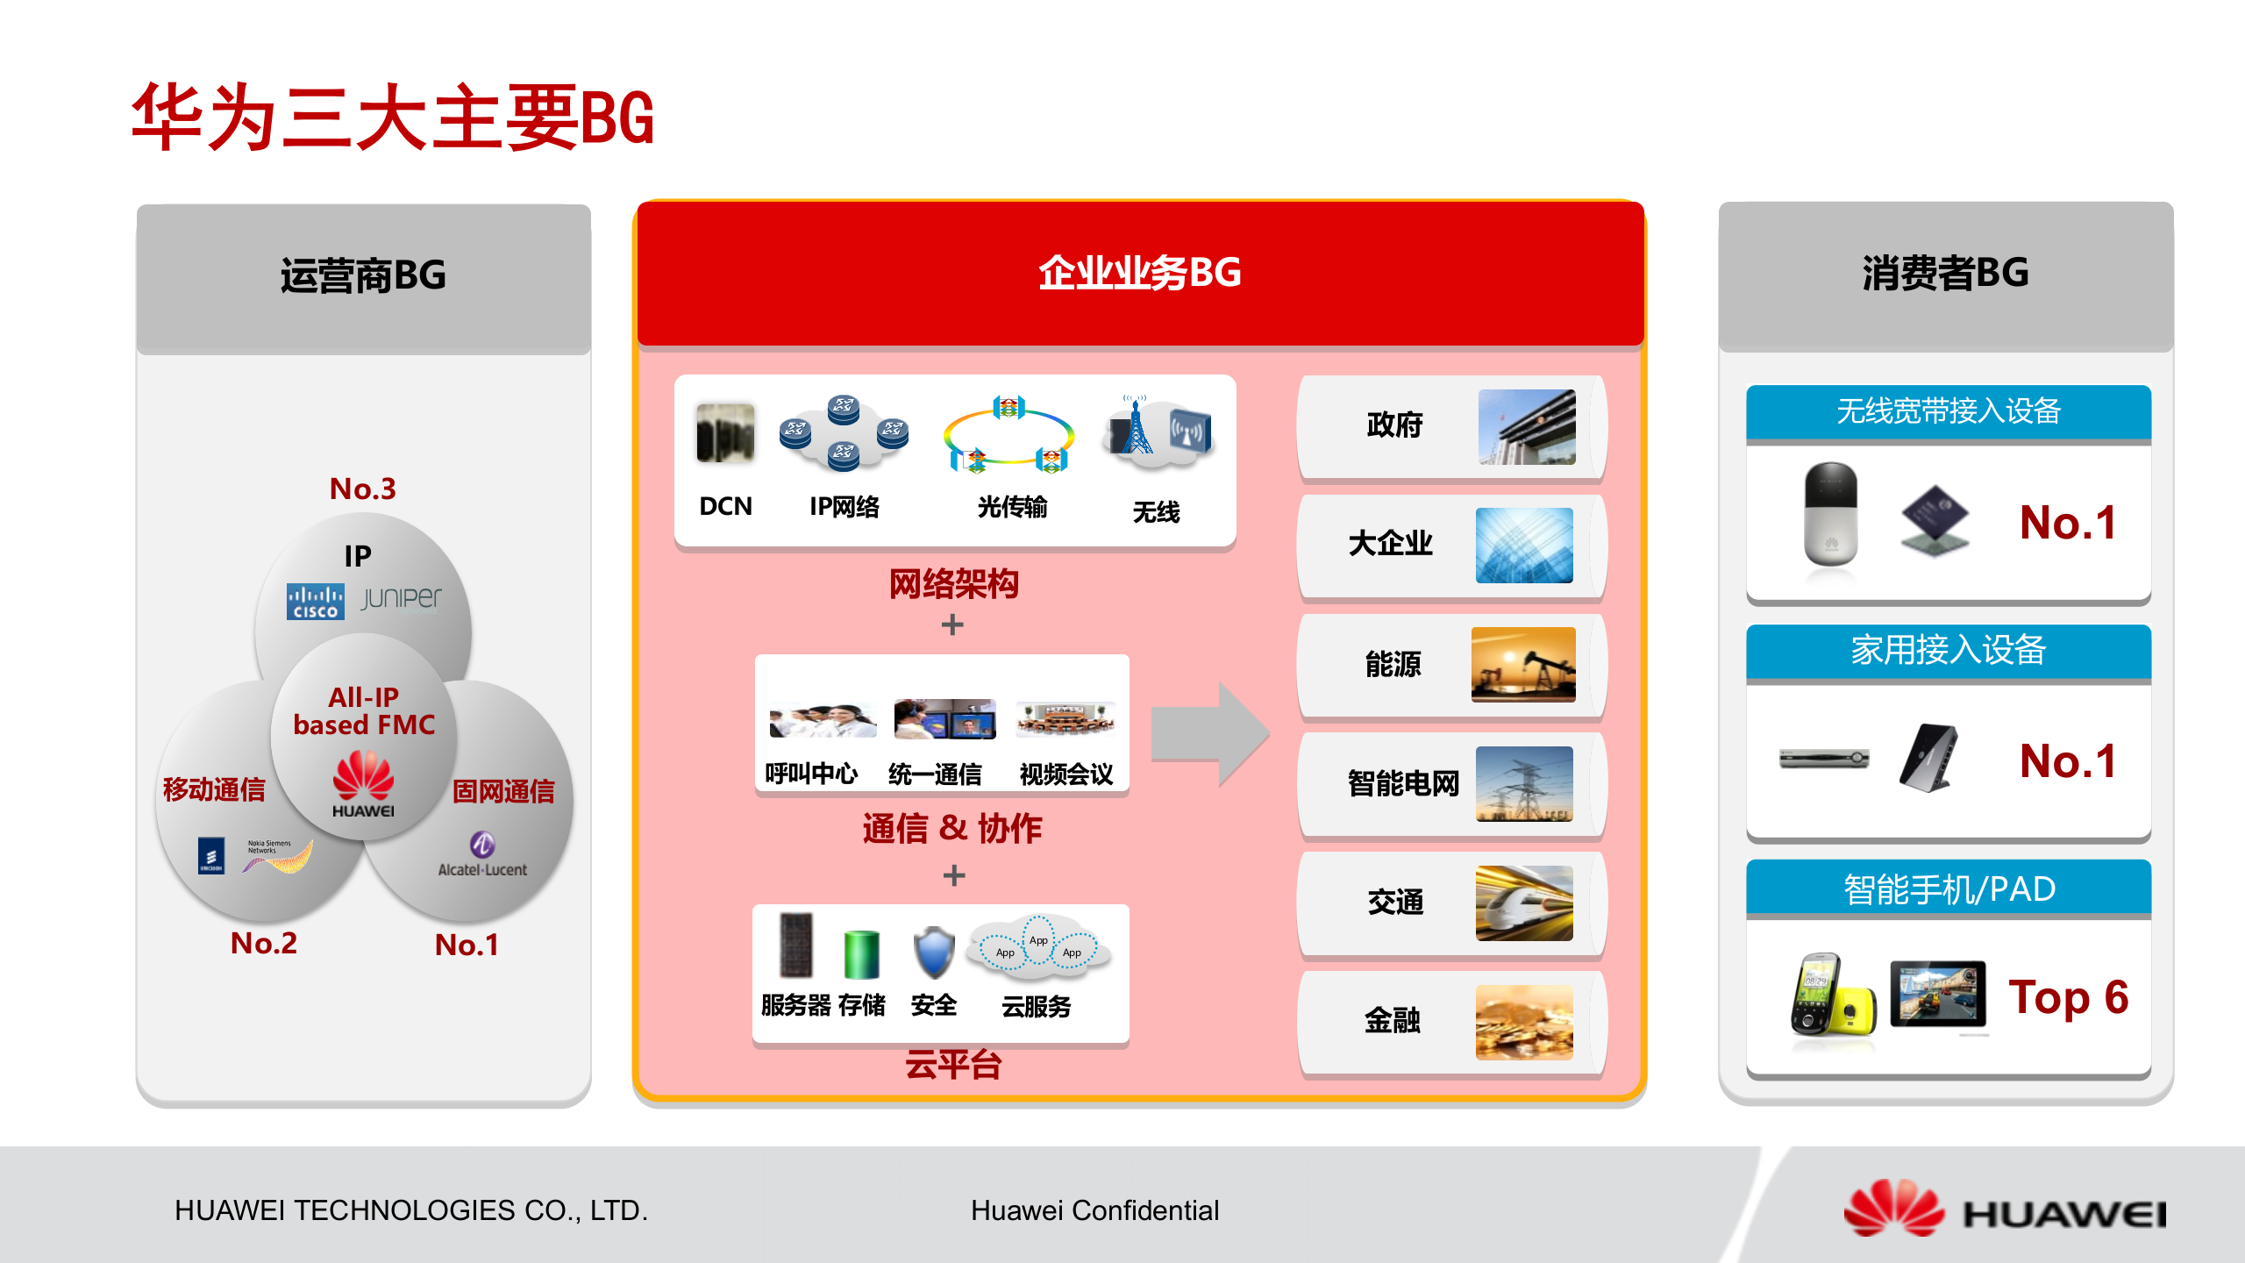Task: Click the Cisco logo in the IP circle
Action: point(315,602)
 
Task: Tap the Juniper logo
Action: point(402,598)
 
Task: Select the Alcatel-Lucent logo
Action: point(482,854)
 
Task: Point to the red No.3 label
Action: point(362,489)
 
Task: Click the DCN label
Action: point(725,506)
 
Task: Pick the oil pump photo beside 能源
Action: point(1523,664)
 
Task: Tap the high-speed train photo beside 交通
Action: point(1524,903)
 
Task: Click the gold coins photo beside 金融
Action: point(1524,1022)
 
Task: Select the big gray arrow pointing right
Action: point(1209,733)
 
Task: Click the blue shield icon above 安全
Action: point(933,952)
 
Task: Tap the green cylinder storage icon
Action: point(861,954)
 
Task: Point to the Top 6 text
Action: point(2068,997)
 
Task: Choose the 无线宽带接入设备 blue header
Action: point(1948,411)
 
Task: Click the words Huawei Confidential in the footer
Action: point(1094,1210)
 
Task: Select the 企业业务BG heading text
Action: point(1139,273)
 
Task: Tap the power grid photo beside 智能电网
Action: point(1524,783)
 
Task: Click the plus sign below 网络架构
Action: point(952,624)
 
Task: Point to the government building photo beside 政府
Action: point(1526,426)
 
